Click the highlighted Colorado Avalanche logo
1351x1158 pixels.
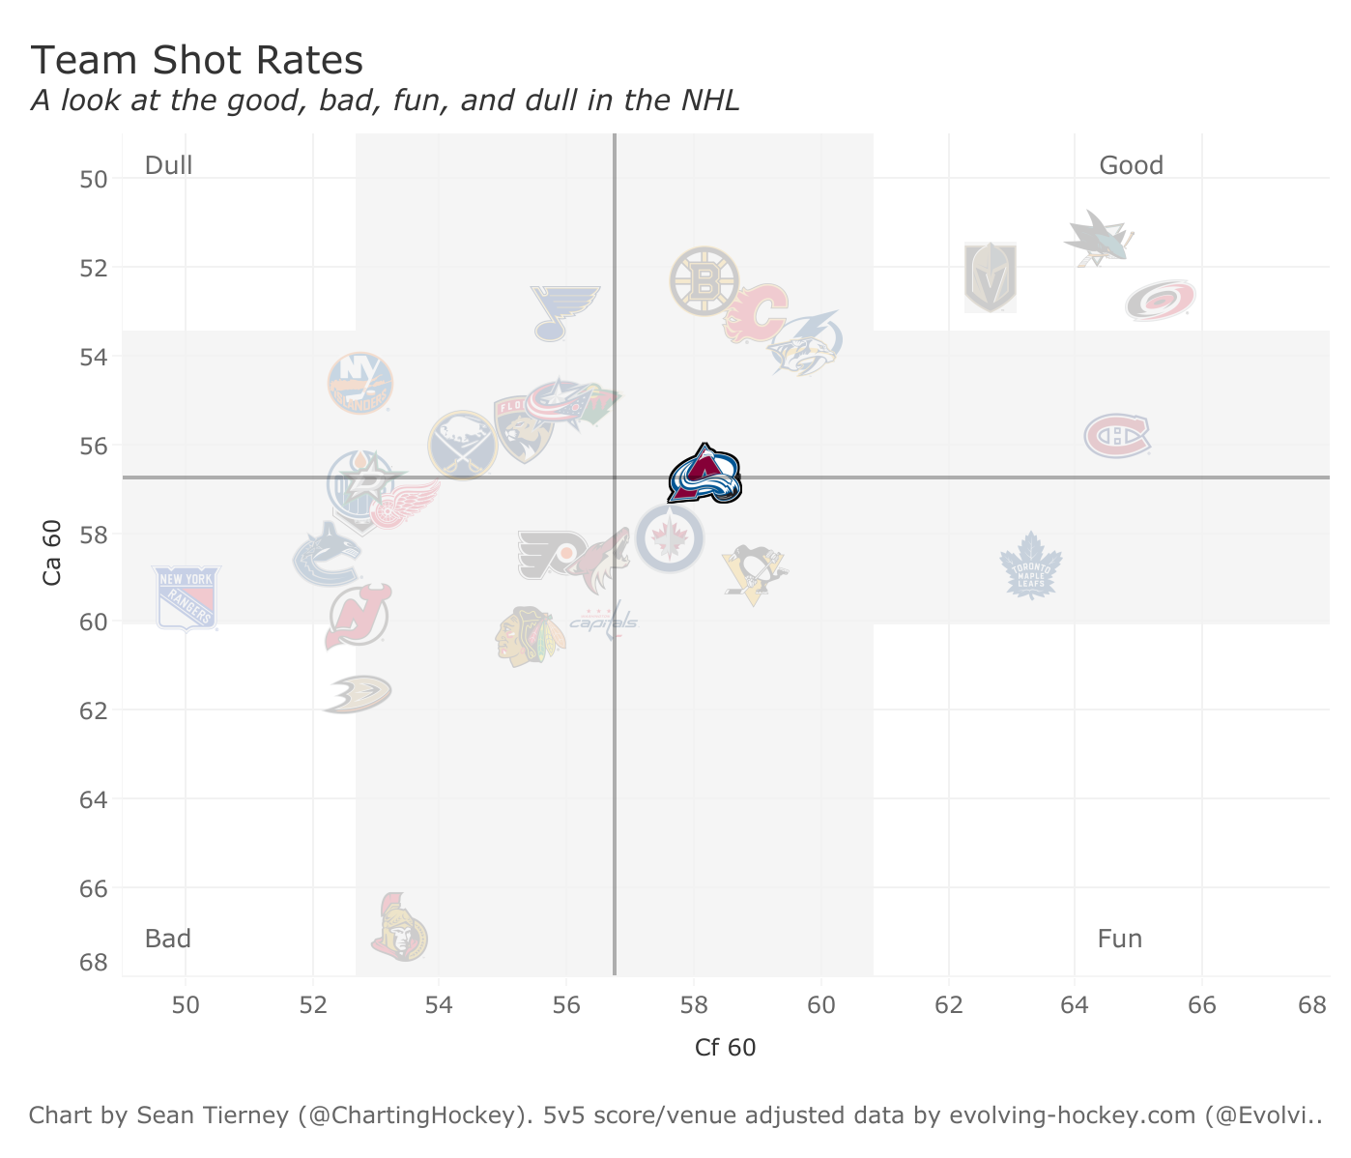click(704, 475)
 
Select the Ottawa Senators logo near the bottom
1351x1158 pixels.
click(399, 928)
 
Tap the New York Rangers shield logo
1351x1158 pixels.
click(187, 598)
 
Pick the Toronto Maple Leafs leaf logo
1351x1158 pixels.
click(1030, 566)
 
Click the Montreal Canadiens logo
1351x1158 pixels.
click(1117, 436)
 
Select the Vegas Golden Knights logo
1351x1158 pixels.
click(990, 277)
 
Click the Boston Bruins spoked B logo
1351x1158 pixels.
click(704, 281)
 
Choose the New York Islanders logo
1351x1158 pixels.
click(360, 384)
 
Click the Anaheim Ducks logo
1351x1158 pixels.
click(357, 694)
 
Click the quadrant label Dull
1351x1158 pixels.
click(169, 165)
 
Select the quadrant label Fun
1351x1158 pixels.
click(1119, 939)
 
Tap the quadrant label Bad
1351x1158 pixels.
click(168, 939)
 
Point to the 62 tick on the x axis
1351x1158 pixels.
click(948, 1004)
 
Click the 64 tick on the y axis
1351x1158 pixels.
click(94, 799)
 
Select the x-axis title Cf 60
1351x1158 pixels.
click(725, 1048)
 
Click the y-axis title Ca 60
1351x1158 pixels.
click(52, 552)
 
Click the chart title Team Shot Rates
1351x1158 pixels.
click(197, 61)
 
